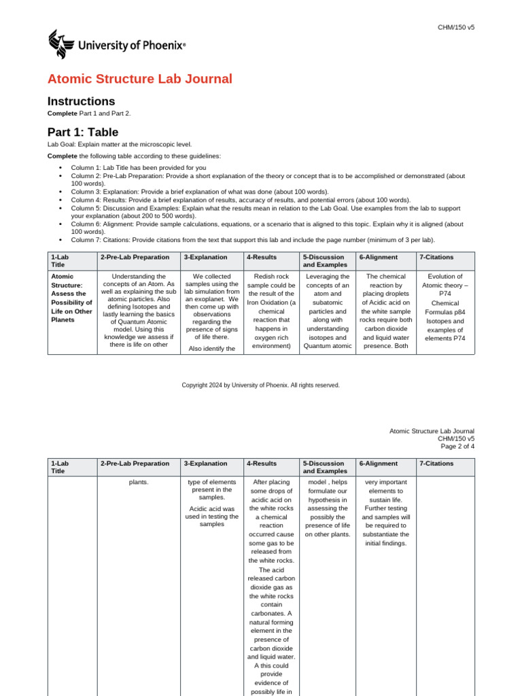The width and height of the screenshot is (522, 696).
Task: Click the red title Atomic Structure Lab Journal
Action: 139,79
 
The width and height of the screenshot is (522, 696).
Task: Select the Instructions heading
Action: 81,101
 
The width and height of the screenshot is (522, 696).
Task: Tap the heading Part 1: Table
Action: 82,132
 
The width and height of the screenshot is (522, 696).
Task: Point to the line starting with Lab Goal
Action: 119,144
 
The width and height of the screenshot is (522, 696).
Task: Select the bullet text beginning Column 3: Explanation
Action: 200,192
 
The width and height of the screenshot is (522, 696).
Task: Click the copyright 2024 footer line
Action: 260,385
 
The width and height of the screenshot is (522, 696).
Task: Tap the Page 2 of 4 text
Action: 457,447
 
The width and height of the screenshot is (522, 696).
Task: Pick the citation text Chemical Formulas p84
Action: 445,307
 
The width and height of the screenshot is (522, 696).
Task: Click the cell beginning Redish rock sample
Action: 271,311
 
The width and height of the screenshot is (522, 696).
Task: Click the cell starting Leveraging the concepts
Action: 327,311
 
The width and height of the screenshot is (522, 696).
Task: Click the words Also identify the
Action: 211,349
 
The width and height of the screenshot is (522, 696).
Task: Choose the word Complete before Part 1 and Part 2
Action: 62,113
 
